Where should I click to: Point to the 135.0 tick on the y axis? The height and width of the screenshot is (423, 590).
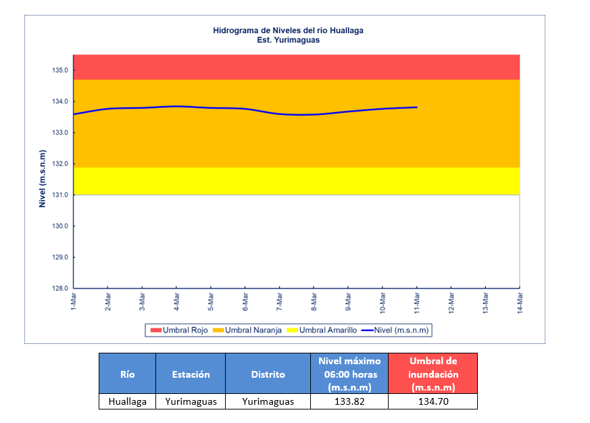tap(60, 70)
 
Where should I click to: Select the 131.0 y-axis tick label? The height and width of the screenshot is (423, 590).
tap(60, 195)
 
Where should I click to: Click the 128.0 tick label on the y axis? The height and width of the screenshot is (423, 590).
tap(60, 289)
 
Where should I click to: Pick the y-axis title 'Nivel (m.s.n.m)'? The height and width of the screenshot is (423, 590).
tap(42, 172)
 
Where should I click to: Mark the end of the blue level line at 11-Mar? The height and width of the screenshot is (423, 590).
tap(417, 107)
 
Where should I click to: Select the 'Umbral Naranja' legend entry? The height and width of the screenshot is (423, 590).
tap(247, 330)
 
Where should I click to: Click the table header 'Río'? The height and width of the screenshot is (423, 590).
tap(127, 374)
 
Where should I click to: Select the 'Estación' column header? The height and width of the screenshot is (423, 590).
tap(191, 374)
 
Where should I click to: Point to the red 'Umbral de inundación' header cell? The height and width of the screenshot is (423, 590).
tap(433, 374)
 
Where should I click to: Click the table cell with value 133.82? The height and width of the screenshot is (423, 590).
tap(349, 401)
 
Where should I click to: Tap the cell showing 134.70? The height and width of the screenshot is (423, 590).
tap(433, 401)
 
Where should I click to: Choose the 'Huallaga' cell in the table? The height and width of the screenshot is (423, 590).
tap(127, 401)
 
